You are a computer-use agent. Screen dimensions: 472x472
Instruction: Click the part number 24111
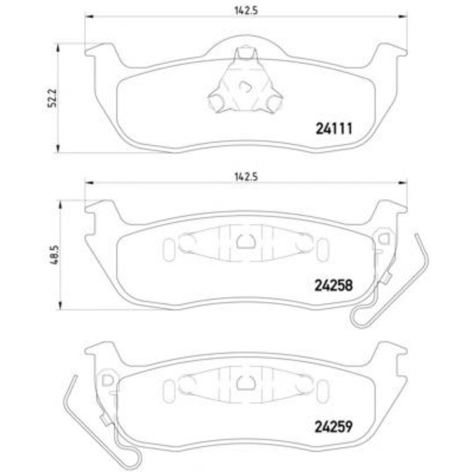tap(334, 129)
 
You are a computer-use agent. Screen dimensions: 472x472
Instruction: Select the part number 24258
tap(334, 285)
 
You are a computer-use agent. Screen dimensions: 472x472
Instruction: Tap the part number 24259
tap(334, 426)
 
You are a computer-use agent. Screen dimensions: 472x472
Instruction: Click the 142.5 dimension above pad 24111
tap(246, 11)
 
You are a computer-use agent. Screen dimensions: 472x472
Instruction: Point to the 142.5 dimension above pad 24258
tap(246, 177)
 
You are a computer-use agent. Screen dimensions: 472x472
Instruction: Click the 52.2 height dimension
tap(53, 98)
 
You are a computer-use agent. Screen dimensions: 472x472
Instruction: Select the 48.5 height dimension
tap(54, 255)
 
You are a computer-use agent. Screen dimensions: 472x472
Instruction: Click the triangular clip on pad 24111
tap(245, 81)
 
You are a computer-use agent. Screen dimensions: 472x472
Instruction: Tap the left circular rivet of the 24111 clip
tap(216, 102)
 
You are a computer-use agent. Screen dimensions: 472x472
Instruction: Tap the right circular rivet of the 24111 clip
tap(274, 102)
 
